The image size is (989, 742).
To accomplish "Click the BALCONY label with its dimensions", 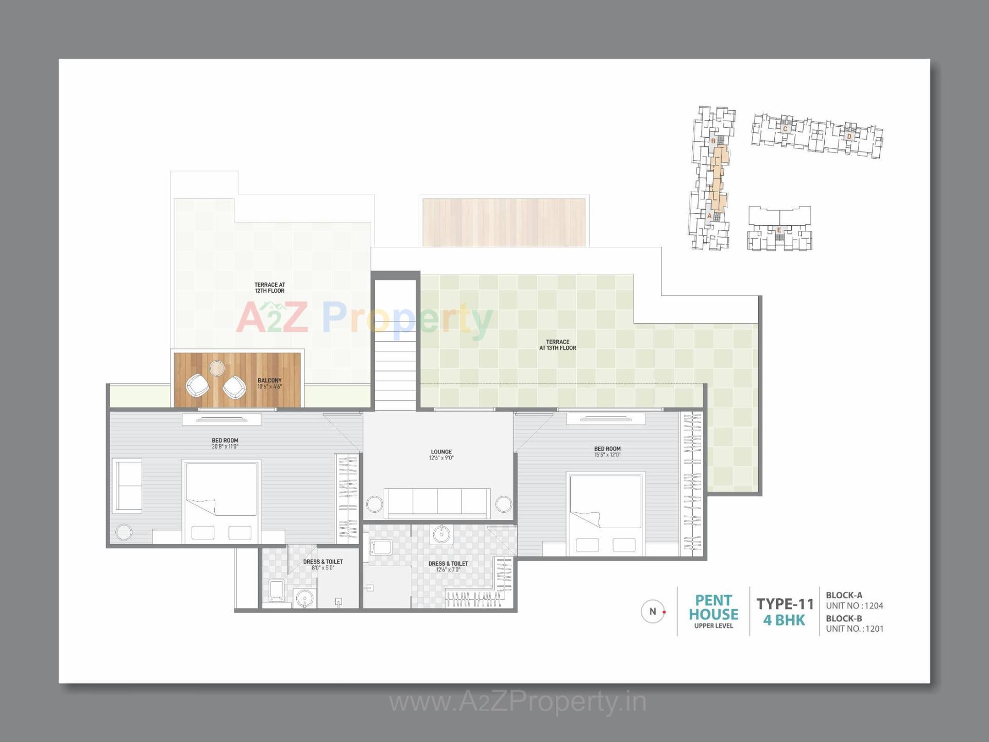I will click(269, 383).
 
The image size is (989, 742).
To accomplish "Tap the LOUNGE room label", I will click(441, 454).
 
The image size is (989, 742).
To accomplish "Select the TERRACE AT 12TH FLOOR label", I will click(269, 288).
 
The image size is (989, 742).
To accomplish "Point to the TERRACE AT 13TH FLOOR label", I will click(557, 345).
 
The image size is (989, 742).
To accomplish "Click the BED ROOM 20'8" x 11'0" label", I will click(225, 443).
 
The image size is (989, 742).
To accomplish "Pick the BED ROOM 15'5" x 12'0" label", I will click(607, 451).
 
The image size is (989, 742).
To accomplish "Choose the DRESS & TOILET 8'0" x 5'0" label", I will click(323, 564).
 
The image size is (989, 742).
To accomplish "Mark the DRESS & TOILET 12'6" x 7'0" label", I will click(448, 566).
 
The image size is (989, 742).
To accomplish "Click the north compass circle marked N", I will click(653, 612).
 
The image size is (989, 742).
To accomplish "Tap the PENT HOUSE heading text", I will click(713, 608).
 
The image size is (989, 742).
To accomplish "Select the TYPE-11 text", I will click(785, 603).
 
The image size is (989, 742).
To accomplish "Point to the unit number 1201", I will click(874, 629).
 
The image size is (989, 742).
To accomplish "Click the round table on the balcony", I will click(217, 368).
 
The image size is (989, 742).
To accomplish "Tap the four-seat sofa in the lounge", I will click(437, 502).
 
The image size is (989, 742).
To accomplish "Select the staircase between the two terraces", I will click(395, 361).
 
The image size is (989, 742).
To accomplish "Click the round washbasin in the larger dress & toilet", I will click(441, 534).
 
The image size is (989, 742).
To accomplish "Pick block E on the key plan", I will click(779, 230).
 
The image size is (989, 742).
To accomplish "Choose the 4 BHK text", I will click(784, 620).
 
